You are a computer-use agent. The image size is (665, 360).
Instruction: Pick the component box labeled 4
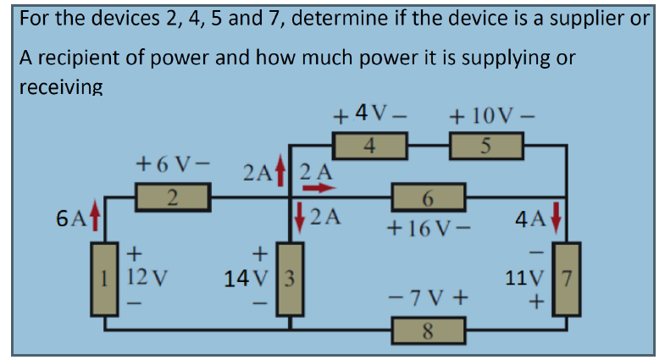[370, 147]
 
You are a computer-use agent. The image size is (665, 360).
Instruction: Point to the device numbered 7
[567, 278]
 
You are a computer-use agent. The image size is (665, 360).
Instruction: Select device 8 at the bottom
[428, 329]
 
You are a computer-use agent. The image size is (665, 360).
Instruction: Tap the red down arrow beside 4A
[557, 218]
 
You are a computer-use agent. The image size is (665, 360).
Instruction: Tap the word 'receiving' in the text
[60, 86]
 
